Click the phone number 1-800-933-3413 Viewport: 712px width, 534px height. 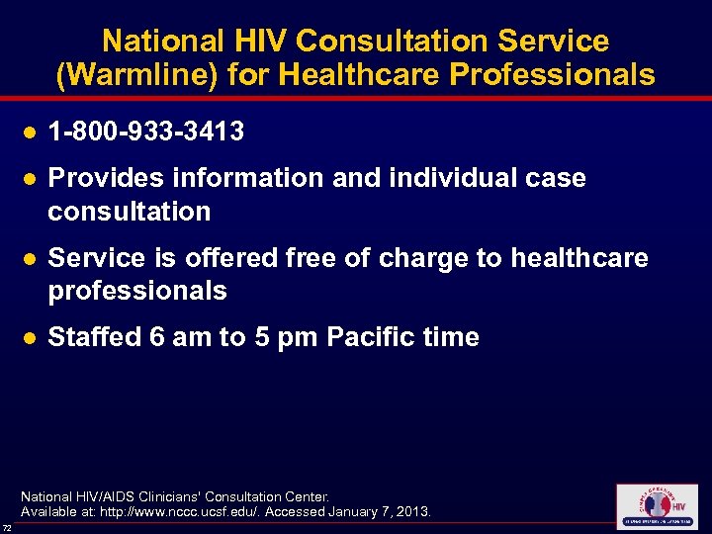coord(146,132)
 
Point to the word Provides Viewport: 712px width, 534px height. coord(104,178)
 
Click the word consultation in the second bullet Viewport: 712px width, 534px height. coord(130,212)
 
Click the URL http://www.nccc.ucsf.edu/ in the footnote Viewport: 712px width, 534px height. coord(210,512)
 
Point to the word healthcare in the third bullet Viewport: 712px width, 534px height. coord(579,258)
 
